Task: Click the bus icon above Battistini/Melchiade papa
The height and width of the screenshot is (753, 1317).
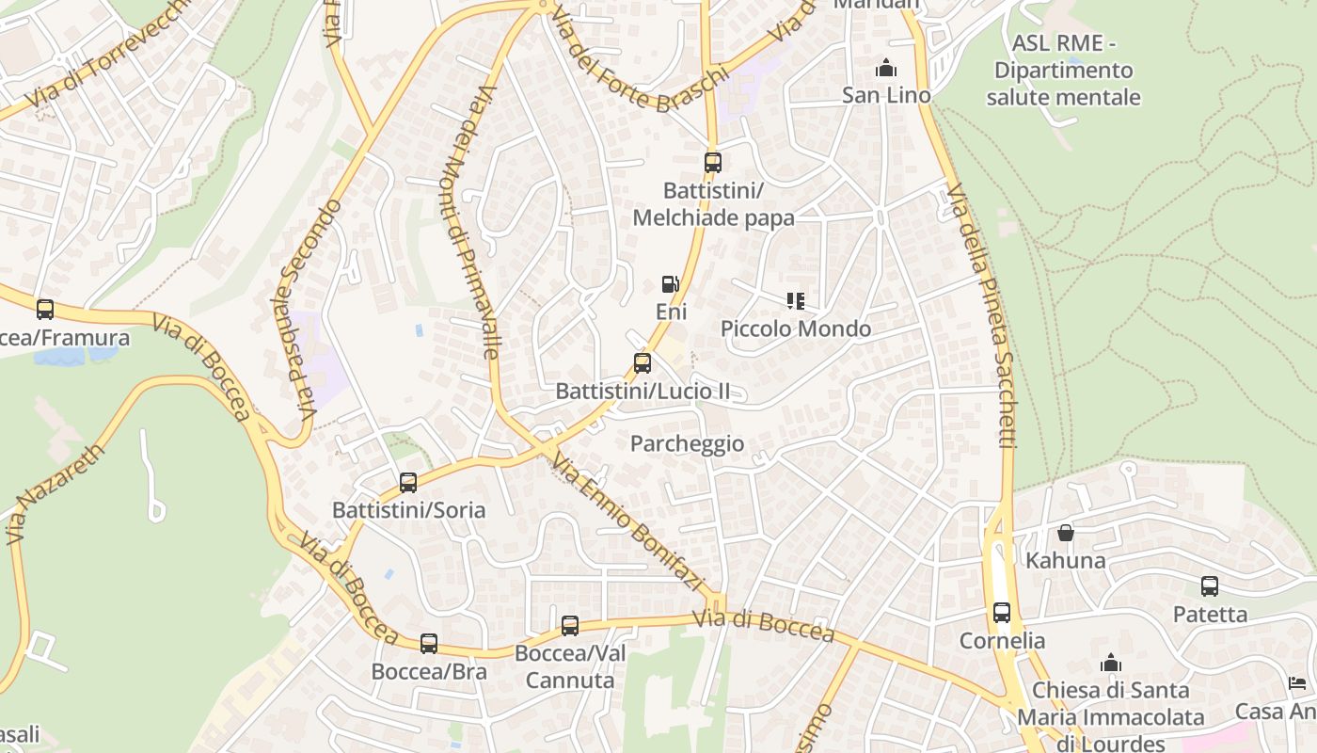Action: click(x=713, y=162)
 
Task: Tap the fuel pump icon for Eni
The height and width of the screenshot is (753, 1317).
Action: click(x=670, y=283)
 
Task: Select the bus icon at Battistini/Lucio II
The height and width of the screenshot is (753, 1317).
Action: click(x=643, y=362)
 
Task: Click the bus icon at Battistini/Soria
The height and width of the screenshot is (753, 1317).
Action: click(x=408, y=482)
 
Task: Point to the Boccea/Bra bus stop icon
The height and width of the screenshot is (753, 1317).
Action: click(x=429, y=643)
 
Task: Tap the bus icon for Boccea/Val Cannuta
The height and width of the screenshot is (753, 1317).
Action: click(x=570, y=625)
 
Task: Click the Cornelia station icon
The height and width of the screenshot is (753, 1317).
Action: click(x=1002, y=613)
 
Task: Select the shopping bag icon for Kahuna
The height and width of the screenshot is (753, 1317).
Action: click(x=1066, y=533)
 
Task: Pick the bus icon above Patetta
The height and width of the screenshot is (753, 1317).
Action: click(x=1210, y=586)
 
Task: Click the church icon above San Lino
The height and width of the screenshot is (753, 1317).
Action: click(x=886, y=68)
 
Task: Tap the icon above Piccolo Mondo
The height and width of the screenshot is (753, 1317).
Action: click(x=796, y=301)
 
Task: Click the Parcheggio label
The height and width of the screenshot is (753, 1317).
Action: click(x=687, y=443)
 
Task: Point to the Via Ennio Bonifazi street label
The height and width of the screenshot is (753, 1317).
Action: click(x=628, y=523)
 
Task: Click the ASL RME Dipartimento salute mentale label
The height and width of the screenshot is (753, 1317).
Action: click(x=1063, y=71)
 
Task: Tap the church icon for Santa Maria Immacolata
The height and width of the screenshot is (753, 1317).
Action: click(x=1111, y=663)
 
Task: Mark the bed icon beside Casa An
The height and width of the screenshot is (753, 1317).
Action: click(x=1297, y=683)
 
